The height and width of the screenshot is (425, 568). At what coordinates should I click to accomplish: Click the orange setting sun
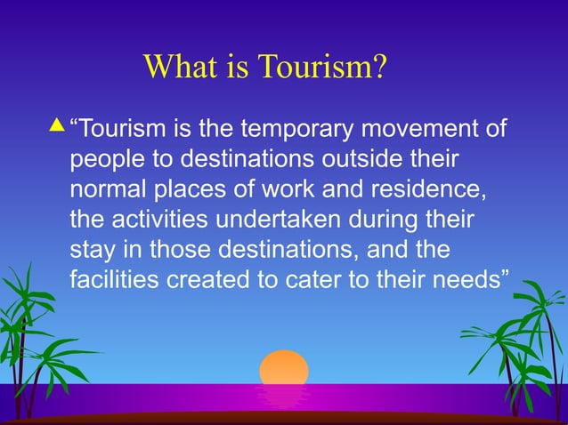click(284, 368)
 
